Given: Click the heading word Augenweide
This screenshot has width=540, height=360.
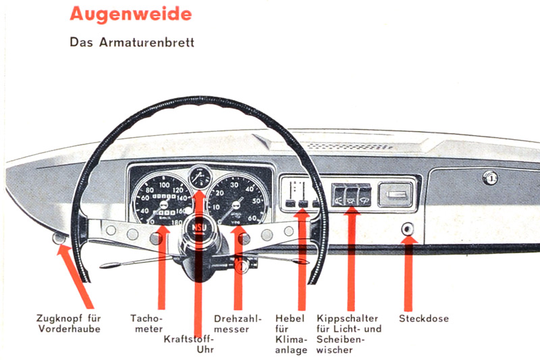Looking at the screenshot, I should tap(130, 14).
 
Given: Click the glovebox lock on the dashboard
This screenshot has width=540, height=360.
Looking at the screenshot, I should tap(489, 178).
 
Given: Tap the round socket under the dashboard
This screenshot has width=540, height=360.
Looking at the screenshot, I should tap(408, 228).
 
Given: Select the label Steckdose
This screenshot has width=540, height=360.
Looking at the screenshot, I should tap(423, 319).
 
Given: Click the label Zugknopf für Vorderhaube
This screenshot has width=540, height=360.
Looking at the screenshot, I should tap(69, 324).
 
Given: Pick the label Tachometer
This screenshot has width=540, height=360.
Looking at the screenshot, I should tap(146, 324).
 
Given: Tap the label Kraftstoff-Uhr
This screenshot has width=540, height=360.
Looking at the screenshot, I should tap(190, 344).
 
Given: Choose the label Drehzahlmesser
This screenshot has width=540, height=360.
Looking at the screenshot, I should tap(238, 324).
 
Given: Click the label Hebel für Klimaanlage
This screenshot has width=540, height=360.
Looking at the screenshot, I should tap(292, 334).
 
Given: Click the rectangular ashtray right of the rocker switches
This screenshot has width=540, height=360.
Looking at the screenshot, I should tap(396, 197).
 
